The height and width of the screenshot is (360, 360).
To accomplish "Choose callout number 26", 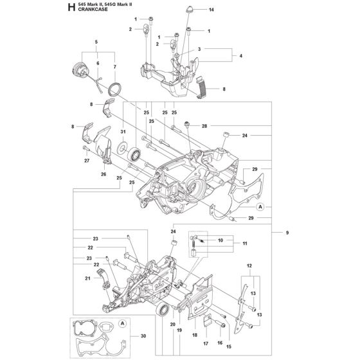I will tap(103, 174).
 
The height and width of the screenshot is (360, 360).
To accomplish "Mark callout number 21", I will tap(86, 278).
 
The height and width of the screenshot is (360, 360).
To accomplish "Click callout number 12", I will tap(249, 265).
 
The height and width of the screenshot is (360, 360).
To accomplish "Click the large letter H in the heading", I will tap(70, 8).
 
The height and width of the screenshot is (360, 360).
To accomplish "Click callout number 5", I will tap(97, 42).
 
